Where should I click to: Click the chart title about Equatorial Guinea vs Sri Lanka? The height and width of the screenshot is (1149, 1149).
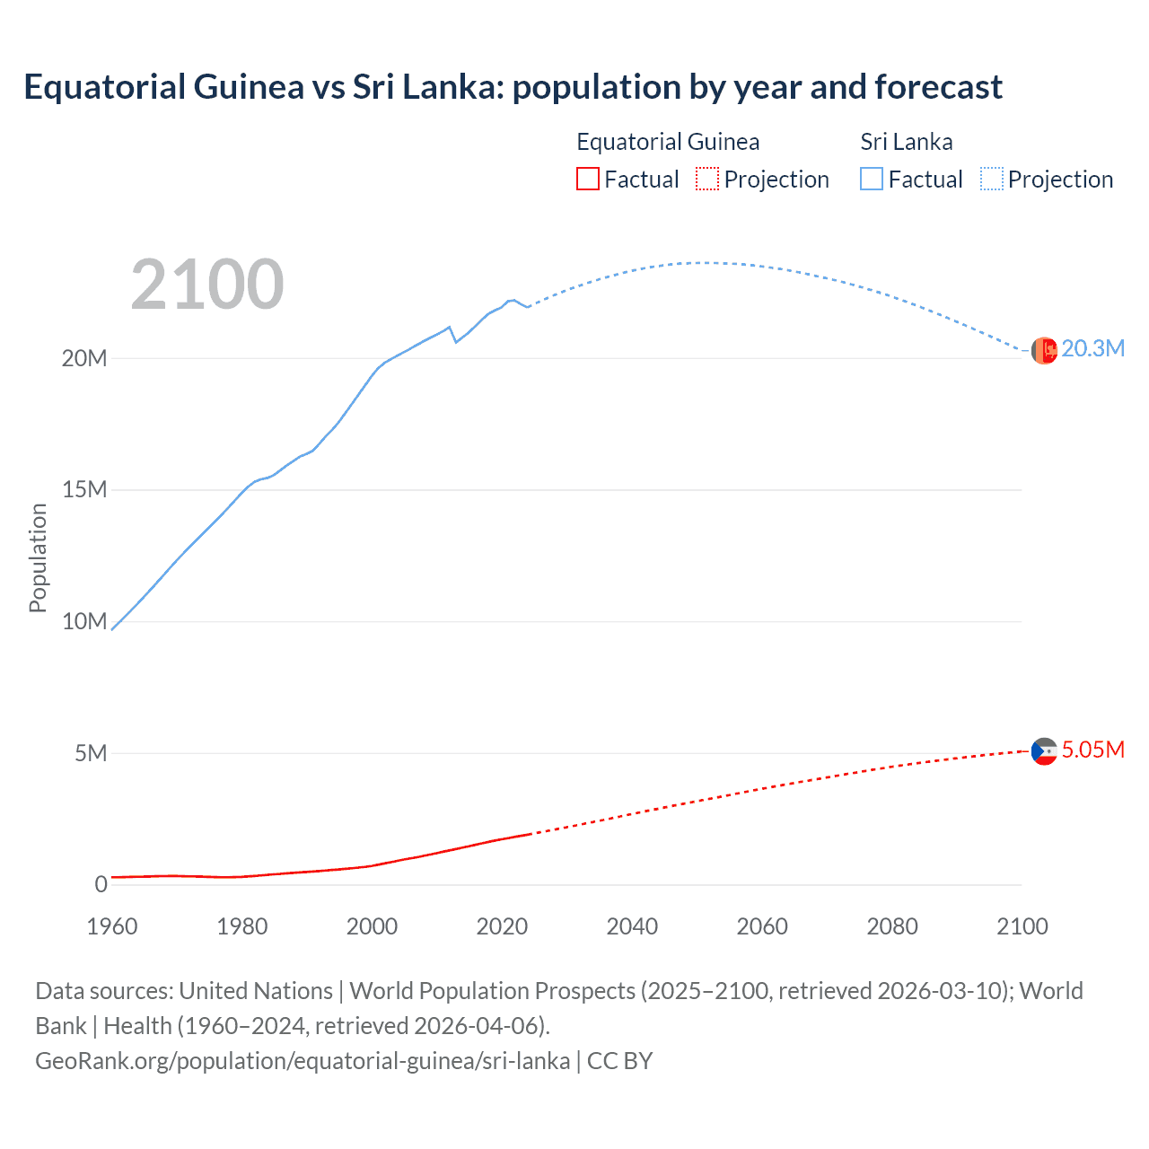point(513,87)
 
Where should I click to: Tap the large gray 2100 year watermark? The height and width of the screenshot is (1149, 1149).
point(207,285)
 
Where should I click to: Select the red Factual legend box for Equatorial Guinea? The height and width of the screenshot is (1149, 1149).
point(587,180)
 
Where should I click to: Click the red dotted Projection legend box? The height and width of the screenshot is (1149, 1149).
point(707,180)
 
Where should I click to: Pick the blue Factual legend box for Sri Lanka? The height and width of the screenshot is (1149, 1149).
point(872,180)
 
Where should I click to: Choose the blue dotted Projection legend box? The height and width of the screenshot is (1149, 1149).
point(992,180)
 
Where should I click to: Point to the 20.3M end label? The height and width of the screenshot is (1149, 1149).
point(1092,348)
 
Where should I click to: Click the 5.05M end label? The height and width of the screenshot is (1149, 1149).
point(1092,750)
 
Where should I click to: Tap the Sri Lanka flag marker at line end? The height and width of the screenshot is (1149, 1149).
point(1044,350)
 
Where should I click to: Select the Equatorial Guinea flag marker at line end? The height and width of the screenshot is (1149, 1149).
point(1044,751)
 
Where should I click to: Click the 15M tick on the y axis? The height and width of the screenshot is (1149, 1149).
point(84,489)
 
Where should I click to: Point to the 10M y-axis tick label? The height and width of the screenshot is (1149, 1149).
point(84,621)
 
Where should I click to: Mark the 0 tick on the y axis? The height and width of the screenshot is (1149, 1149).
point(101,884)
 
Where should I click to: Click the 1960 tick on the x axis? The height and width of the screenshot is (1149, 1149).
point(112,926)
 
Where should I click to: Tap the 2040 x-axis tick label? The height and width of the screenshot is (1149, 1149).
point(632,926)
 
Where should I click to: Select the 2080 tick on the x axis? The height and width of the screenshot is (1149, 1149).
point(892,926)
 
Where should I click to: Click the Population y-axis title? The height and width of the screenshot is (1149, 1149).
point(38,557)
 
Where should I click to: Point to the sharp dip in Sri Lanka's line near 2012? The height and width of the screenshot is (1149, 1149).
point(456,342)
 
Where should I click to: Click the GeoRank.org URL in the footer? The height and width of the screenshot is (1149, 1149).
point(303,1061)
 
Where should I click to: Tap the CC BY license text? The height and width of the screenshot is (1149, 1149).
point(619,1061)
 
